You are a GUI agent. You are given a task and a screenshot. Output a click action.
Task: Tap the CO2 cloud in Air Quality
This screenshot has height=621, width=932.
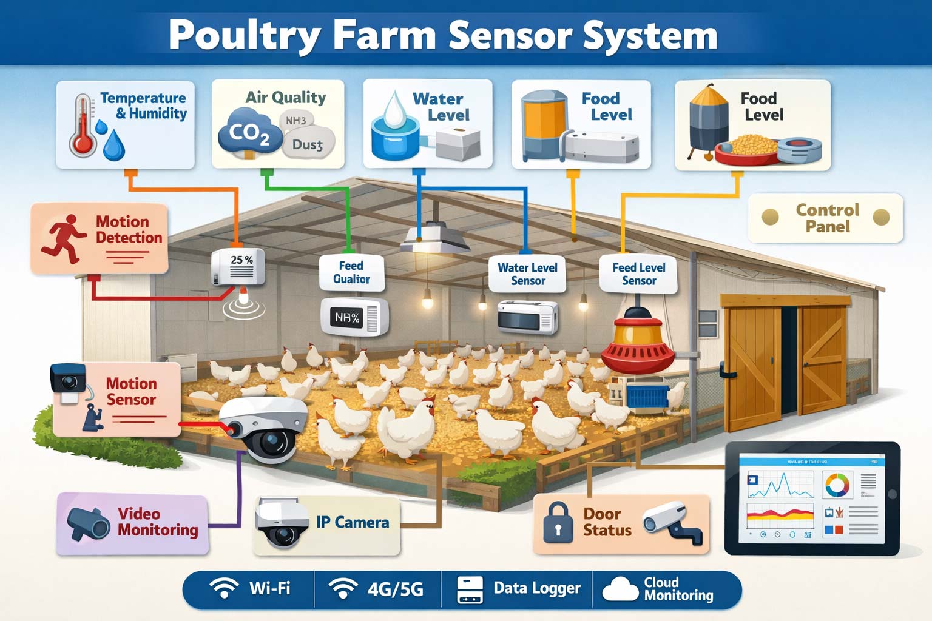tap(249, 132)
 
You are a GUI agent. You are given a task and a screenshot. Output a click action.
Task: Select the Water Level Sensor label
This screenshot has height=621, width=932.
tap(527, 274)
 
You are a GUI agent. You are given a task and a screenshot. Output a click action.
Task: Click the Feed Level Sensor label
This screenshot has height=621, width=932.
tap(638, 274)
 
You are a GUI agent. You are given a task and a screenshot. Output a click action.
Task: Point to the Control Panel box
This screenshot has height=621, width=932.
tap(826, 218)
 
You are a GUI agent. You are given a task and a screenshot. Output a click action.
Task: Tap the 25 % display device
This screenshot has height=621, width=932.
tap(238, 267)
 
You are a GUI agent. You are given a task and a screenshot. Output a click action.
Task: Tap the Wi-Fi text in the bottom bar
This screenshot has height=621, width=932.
tap(269, 588)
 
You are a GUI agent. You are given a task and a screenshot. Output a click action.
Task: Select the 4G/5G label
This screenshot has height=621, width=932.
tap(395, 589)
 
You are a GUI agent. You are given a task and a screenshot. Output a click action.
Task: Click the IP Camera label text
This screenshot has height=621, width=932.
tap(353, 523)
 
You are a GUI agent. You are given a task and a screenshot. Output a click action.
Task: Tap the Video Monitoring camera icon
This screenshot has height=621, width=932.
tap(89, 523)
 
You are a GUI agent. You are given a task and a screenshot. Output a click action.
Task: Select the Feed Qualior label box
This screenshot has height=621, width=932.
tap(351, 272)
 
